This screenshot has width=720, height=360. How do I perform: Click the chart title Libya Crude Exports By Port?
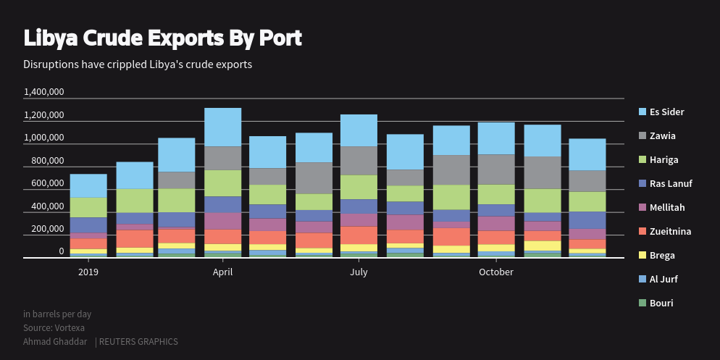[162, 38]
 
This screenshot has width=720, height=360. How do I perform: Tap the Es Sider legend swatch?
[642, 112]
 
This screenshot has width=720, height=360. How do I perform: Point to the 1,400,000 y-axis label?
[44, 92]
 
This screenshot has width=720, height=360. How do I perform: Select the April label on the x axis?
[222, 272]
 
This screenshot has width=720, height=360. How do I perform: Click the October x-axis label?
[496, 272]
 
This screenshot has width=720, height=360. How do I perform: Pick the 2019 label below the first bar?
[88, 272]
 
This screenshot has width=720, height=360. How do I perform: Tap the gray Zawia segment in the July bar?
[359, 161]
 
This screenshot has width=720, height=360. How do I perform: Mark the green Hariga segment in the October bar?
[496, 194]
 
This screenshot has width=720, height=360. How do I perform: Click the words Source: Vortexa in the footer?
[54, 327]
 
